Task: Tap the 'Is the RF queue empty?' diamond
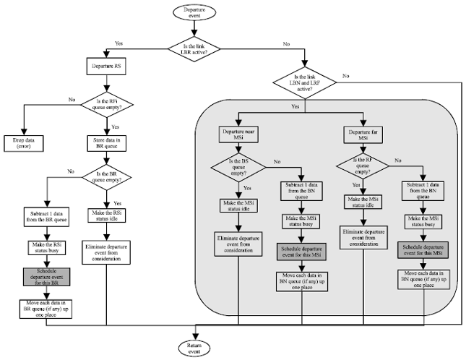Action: pyautogui.click(x=361, y=170)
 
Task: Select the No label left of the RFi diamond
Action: pyautogui.click(x=72, y=100)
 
